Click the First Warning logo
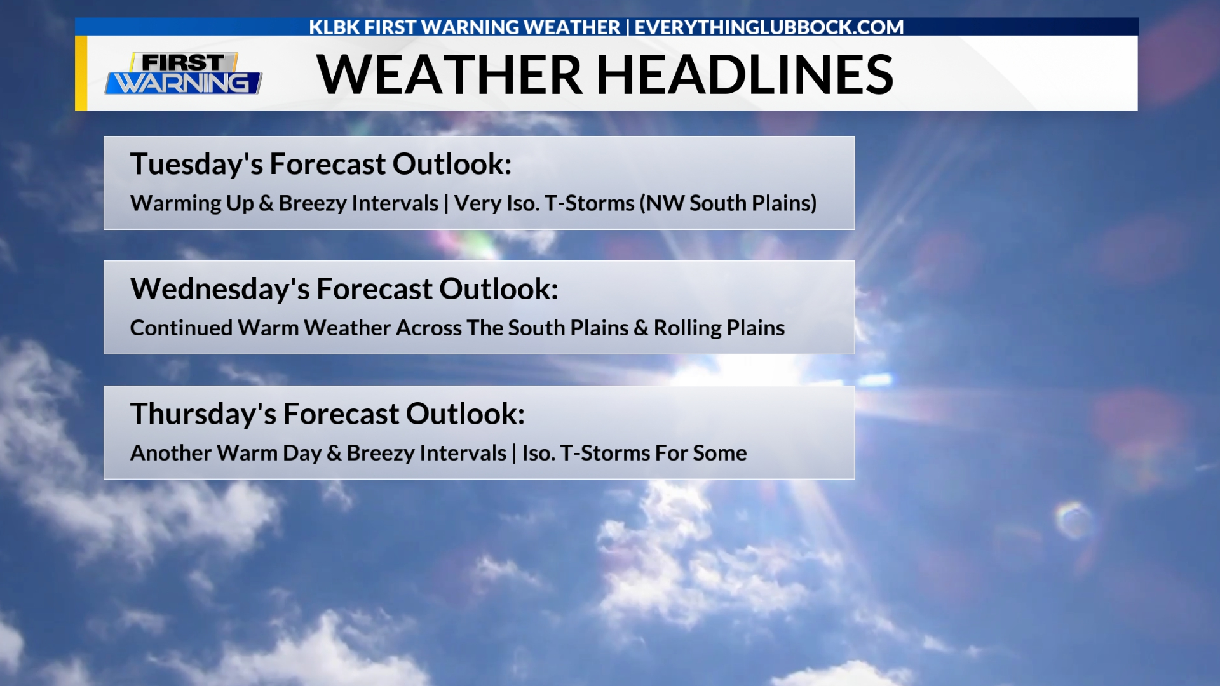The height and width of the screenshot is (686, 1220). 184,74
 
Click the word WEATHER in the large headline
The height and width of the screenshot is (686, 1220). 449,74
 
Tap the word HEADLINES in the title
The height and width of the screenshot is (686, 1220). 745,74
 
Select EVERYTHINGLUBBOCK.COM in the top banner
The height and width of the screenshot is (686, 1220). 769,27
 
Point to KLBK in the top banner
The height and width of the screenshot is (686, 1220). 334,27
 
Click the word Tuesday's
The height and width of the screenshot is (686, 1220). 196,165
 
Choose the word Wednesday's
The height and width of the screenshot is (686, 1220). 220,289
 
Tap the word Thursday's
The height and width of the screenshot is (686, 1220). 203,414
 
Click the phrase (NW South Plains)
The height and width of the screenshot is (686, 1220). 728,203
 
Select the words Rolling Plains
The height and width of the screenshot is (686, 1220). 719,328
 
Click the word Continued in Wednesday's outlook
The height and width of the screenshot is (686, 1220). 181,328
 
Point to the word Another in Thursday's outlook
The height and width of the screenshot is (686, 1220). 170,453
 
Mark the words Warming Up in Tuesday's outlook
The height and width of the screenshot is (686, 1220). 192,203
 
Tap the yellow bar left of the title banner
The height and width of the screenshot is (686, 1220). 81,73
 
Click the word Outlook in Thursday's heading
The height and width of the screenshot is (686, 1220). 465,414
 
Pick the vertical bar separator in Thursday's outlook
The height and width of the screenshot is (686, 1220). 514,454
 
